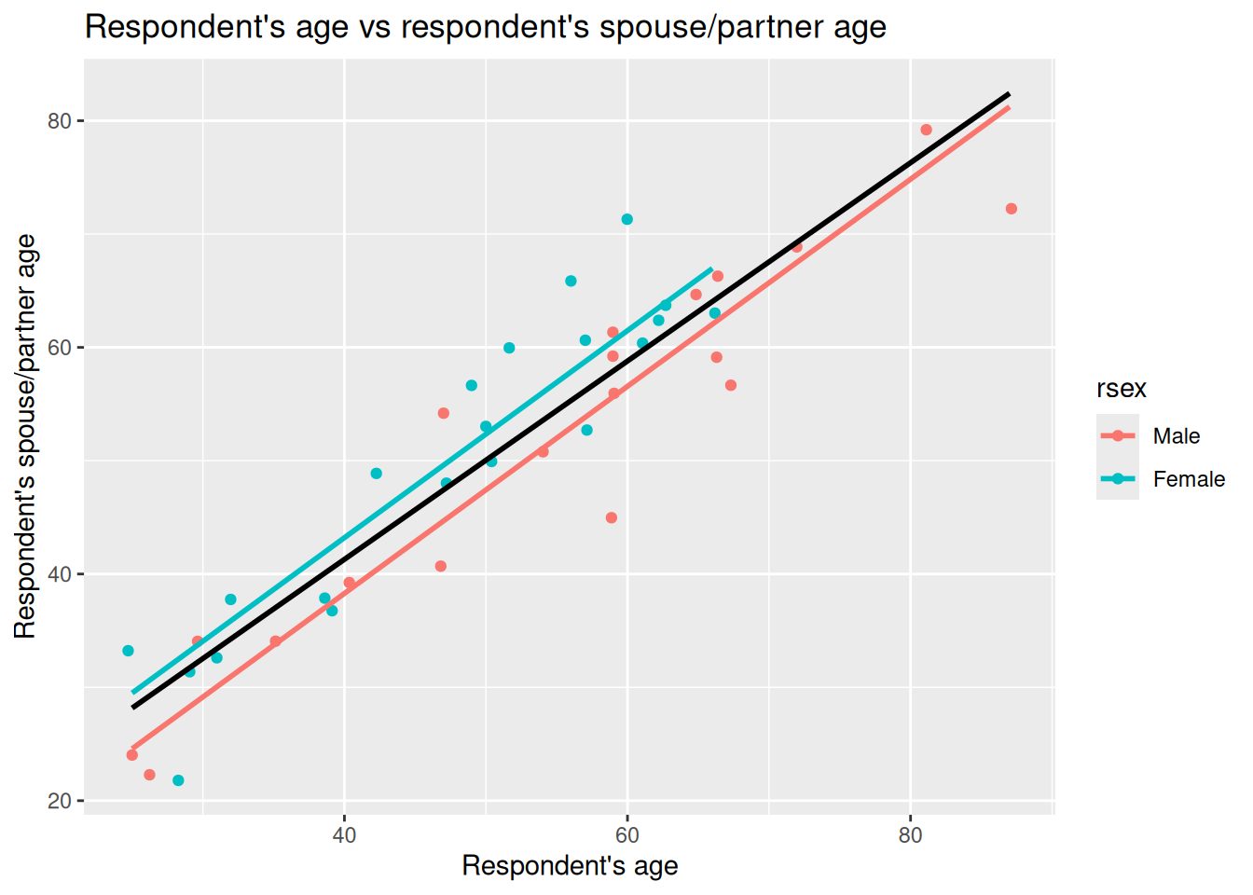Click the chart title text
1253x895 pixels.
click(x=485, y=26)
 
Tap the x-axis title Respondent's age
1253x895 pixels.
click(x=570, y=866)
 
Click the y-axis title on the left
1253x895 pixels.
click(x=25, y=436)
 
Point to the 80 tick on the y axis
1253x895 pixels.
click(x=60, y=121)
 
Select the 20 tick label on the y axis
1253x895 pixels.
click(x=60, y=801)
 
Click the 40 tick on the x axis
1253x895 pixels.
click(x=344, y=834)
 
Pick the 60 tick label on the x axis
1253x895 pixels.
click(x=627, y=834)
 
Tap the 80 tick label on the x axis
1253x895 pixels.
click(x=910, y=834)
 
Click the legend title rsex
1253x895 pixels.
click(x=1121, y=389)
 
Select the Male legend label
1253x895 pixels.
click(x=1176, y=436)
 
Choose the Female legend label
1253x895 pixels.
click(x=1189, y=479)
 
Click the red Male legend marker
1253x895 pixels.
click(x=1118, y=435)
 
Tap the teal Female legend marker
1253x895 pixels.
click(x=1118, y=479)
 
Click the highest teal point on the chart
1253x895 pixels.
click(x=627, y=220)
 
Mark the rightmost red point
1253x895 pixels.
click(x=1012, y=209)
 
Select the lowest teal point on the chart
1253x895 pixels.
click(x=178, y=780)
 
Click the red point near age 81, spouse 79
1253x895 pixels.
click(x=926, y=130)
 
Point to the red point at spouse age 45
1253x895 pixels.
click(x=612, y=517)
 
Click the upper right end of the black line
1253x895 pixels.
click(x=1009, y=94)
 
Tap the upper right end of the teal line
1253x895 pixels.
click(x=711, y=268)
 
